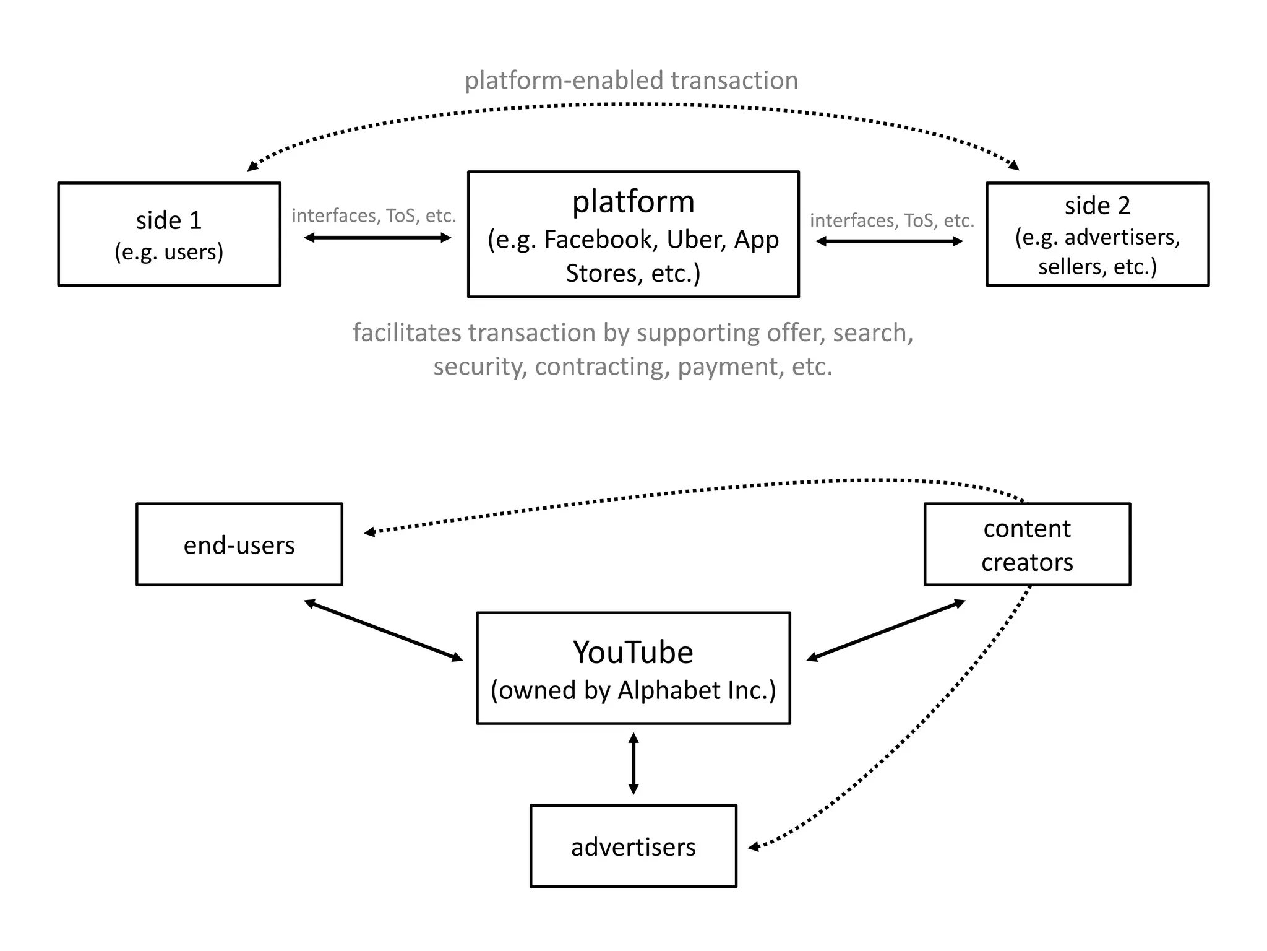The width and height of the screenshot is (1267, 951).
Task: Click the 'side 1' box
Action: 169,234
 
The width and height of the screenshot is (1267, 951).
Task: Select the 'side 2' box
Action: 1097,234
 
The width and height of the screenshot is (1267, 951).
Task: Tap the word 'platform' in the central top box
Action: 633,202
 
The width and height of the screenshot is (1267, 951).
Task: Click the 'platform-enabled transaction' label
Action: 631,80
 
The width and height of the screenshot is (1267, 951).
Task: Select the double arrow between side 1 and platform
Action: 377,238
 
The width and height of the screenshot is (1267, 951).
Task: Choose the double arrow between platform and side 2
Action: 889,241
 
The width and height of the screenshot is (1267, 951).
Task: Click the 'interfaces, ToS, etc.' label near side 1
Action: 374,215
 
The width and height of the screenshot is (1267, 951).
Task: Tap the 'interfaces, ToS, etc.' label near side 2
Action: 891,220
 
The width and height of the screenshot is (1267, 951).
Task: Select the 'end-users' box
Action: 239,544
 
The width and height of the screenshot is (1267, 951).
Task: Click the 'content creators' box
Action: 1027,544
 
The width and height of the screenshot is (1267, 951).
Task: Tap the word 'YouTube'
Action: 633,652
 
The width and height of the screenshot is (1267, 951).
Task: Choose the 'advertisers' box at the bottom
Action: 633,846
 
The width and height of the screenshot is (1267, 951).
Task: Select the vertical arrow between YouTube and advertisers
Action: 633,763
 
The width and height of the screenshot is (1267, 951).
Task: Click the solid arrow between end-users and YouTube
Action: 384,630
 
